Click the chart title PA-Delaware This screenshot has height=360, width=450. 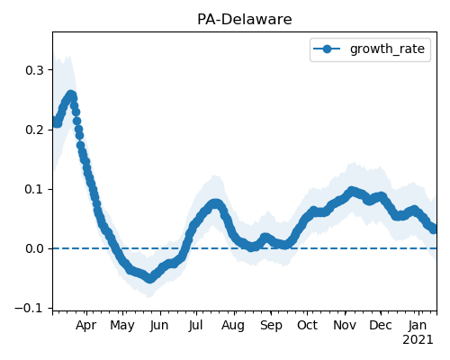[245, 20]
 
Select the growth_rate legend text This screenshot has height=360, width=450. [387, 49]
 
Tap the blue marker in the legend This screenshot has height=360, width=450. [327, 49]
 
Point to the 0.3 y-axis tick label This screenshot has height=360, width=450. [35, 70]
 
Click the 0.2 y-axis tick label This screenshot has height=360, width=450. [35, 130]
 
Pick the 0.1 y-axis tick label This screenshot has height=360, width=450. [35, 190]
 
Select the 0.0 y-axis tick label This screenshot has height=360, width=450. [35, 248]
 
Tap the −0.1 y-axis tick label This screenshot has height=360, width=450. [30, 308]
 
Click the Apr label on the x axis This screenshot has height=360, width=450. [86, 326]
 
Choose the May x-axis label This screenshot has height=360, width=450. [122, 326]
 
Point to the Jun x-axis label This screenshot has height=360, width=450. [159, 326]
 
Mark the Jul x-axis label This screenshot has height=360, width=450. [196, 326]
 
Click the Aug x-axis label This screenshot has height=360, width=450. [233, 326]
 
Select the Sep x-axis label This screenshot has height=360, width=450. [271, 326]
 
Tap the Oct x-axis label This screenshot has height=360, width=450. [307, 326]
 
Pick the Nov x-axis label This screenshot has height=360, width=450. [345, 326]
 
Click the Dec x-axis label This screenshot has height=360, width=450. [381, 326]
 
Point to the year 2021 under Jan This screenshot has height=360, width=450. [418, 340]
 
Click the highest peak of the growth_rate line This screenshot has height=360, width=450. [71, 95]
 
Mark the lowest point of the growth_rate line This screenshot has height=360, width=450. [149, 279]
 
